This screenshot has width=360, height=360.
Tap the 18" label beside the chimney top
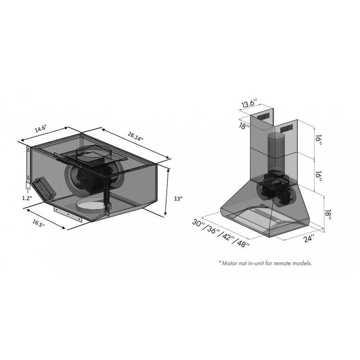coord(245,125)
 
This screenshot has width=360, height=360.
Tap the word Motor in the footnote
coord(230,263)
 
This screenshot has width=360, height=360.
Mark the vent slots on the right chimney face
coord(286,128)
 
